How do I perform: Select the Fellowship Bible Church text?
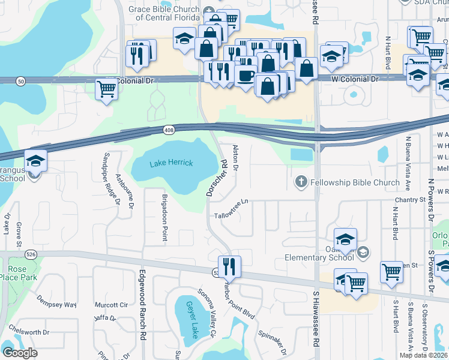pos(355,182)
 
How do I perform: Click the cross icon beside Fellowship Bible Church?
pos(301,182)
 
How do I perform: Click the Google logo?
pos(20,352)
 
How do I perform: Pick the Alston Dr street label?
pos(235,157)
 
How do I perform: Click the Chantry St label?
pos(410,199)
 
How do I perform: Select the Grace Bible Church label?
pos(167,13)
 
